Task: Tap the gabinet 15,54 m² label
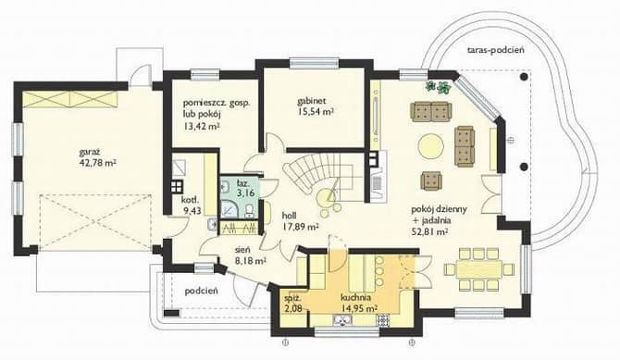(x=316, y=106)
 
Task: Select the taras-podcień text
(x=495, y=50)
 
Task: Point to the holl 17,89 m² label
(x=301, y=221)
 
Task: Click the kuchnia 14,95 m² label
(x=359, y=303)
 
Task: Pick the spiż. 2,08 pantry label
(x=293, y=303)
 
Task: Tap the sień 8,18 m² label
(x=250, y=254)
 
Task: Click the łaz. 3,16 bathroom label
(x=243, y=188)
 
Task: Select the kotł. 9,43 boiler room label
(x=191, y=205)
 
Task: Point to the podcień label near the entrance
(x=202, y=292)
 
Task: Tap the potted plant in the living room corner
(x=438, y=87)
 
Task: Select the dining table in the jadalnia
(x=479, y=269)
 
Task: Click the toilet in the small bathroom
(x=250, y=211)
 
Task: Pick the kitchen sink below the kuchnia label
(x=340, y=320)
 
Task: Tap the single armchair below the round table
(x=431, y=180)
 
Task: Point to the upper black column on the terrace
(x=525, y=77)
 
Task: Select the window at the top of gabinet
(x=314, y=63)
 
